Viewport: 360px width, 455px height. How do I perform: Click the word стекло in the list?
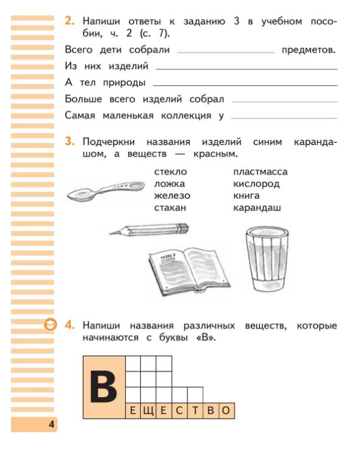(170, 172)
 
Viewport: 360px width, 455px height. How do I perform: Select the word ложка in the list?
(169, 184)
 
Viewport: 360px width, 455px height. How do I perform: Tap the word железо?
(172, 196)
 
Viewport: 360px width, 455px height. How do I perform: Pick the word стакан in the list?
(170, 208)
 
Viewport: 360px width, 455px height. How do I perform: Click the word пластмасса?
(260, 172)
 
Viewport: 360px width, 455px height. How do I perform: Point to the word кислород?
(256, 184)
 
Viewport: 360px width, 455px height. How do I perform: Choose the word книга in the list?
(247, 196)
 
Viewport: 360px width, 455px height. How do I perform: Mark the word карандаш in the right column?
(257, 208)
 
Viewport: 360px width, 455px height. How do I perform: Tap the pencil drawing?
(149, 230)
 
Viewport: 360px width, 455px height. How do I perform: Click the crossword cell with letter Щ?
(148, 411)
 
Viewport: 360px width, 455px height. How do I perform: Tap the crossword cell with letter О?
(226, 411)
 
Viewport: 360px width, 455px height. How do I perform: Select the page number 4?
(52, 425)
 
